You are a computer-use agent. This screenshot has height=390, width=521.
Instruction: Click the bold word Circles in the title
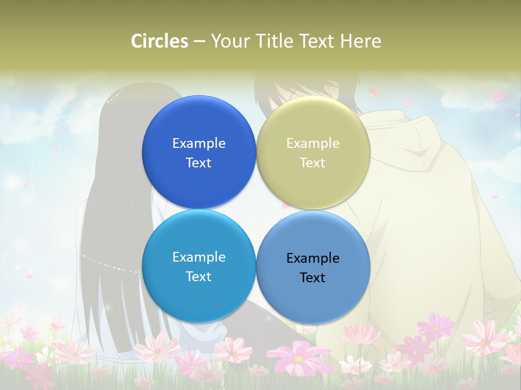(x=160, y=41)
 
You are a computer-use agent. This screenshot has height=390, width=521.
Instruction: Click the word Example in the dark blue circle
(x=199, y=143)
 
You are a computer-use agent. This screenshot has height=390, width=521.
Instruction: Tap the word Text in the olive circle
(x=313, y=162)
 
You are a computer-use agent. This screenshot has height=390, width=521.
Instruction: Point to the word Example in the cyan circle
(x=199, y=257)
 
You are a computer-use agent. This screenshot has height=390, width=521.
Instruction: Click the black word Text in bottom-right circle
(x=313, y=277)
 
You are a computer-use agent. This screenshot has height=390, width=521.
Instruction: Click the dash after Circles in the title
(x=199, y=41)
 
